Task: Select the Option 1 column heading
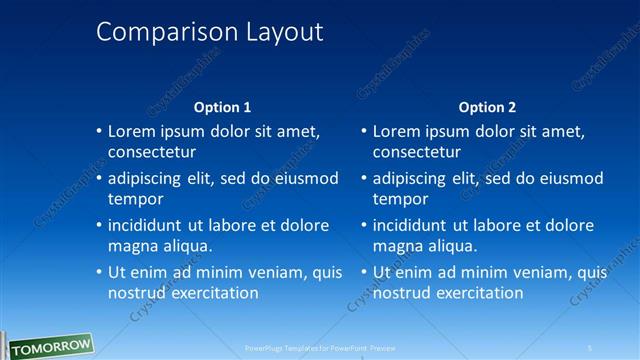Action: (221, 107)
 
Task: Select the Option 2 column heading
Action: (486, 107)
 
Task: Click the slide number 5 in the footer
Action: (589, 348)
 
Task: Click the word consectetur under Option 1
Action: (151, 152)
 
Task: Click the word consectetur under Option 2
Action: (417, 152)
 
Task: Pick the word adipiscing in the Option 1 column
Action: (146, 179)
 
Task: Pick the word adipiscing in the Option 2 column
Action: (412, 179)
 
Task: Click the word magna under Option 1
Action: (130, 246)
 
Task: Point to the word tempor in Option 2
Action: (399, 199)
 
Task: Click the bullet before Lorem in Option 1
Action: (99, 131)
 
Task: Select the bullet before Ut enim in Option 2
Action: (364, 272)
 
